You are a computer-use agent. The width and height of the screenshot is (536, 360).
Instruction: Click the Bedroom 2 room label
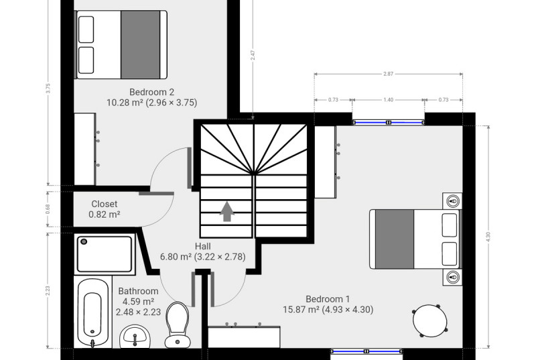pos(152,92)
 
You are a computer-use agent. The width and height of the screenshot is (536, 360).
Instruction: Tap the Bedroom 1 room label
pos(328,299)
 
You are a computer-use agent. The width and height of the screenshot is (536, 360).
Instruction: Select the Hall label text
pos(203,246)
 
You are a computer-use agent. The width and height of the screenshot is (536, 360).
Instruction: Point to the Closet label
pos(105,204)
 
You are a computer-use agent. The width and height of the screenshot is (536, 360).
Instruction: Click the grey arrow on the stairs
pos(227,211)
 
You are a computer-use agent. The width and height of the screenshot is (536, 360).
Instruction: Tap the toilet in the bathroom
pos(177,324)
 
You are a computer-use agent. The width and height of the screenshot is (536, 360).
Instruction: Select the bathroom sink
pos(135,337)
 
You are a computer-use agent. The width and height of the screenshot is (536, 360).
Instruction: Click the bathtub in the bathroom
pos(92,312)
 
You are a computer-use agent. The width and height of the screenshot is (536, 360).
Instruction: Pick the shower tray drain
pos(84,242)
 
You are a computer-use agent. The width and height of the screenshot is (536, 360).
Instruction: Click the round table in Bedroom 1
pos(429,320)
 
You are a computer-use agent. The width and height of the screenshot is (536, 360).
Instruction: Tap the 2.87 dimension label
pos(389,74)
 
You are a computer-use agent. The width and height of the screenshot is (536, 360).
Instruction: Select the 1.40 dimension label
pos(389,100)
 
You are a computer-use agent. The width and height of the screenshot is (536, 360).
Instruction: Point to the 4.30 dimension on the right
pos(488,237)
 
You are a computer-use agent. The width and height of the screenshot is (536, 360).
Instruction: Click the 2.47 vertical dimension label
pos(253,56)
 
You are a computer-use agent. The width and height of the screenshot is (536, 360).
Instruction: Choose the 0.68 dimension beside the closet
pos(48,209)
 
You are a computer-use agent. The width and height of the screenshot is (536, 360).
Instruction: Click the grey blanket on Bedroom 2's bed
pos(141,44)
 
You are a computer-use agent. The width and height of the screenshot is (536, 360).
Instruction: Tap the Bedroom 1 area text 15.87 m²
pos(301,310)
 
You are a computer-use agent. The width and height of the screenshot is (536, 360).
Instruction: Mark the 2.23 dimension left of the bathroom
pos(48,290)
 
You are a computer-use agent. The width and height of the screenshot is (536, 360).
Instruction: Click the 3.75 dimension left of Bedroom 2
pos(48,88)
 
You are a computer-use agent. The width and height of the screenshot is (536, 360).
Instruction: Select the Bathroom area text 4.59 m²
pos(138,302)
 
